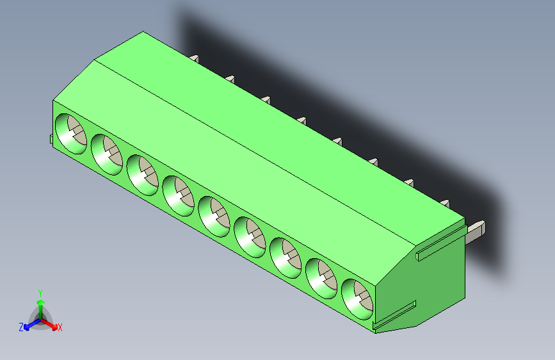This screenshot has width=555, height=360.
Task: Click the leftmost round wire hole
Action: [70, 134]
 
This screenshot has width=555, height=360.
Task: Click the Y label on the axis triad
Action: [40, 292]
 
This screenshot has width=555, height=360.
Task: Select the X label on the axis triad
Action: [60, 328]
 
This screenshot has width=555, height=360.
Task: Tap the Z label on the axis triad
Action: [21, 327]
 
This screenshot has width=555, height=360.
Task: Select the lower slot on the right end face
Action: [396, 317]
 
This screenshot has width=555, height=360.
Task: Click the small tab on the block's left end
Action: [51, 140]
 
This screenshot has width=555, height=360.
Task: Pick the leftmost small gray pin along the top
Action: [195, 59]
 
